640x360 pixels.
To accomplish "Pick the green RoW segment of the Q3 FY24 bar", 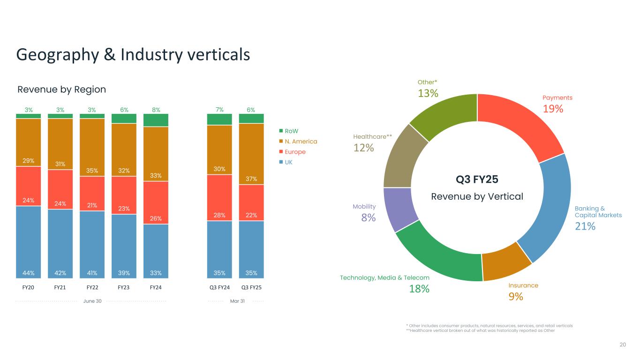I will click(219, 120).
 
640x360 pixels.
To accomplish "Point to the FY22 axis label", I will click(92, 287).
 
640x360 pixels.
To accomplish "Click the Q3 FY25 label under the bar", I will click(251, 287).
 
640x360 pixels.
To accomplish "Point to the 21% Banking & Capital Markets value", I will click(585, 226).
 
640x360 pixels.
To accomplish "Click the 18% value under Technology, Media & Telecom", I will click(419, 289).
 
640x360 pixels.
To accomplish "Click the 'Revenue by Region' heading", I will click(61, 90).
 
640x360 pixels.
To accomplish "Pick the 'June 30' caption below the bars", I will click(92, 301).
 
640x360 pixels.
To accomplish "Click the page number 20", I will click(623, 345).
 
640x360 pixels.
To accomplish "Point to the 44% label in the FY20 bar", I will click(28, 273).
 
